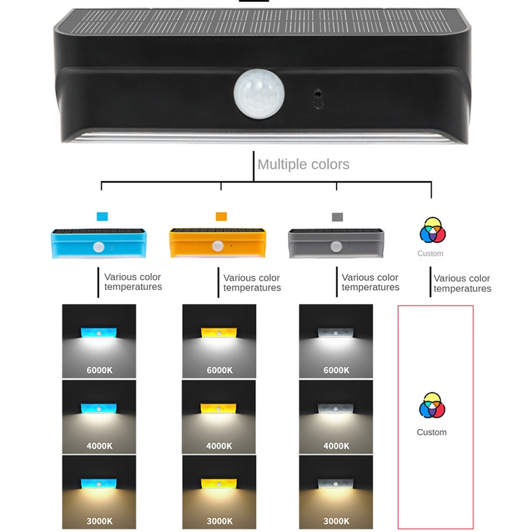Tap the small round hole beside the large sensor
(x=318, y=94)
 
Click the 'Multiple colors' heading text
(x=303, y=164)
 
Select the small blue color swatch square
(x=102, y=217)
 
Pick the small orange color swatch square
(x=221, y=217)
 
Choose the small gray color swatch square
(x=337, y=217)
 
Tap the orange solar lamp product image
(x=217, y=243)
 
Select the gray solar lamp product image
(x=336, y=243)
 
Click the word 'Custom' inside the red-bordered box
(x=432, y=432)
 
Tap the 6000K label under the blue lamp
(x=99, y=370)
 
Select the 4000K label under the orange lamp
(x=219, y=446)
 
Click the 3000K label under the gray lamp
(x=336, y=521)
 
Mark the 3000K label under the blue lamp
(x=99, y=521)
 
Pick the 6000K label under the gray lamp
(x=336, y=370)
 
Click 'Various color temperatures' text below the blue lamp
(x=133, y=282)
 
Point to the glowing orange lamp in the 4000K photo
(x=219, y=406)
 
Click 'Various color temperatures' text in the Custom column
(x=462, y=283)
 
